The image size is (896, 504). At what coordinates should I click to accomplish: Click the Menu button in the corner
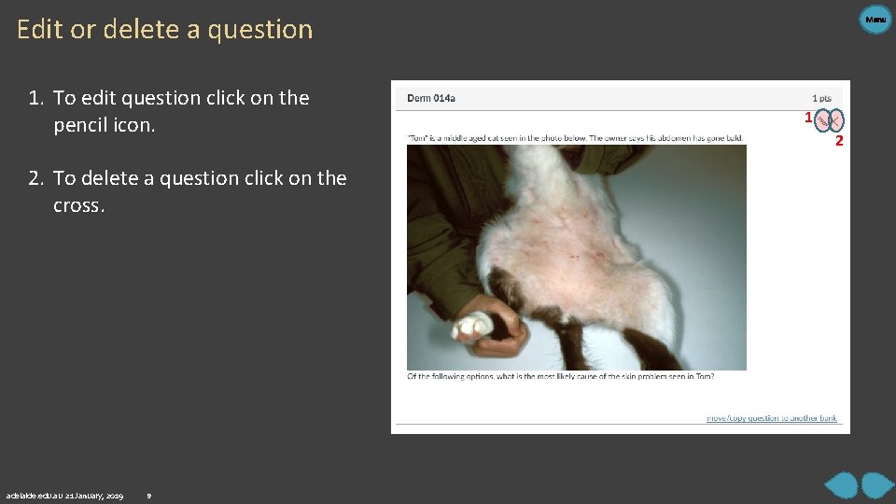coord(875,19)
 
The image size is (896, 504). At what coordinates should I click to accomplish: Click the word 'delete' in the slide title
coord(141,30)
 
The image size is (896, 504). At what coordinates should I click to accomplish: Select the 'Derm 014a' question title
coord(431,98)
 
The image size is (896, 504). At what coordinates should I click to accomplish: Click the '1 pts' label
coord(821,98)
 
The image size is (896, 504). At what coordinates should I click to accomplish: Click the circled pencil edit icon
coord(822,119)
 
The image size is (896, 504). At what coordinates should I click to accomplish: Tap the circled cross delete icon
coord(835,119)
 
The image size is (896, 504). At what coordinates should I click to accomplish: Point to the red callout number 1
coord(808,118)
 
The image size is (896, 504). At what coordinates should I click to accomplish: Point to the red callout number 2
coord(839,141)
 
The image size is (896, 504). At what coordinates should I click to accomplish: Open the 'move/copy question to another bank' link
coord(772,418)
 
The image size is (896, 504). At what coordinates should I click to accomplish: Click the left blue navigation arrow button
coord(842,485)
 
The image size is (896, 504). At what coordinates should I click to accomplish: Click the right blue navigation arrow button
coord(877,485)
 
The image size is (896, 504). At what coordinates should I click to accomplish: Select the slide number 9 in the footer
coord(149,495)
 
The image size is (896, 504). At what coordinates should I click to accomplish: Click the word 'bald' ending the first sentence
coord(734,138)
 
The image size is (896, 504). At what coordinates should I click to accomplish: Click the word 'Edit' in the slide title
coord(39,30)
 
